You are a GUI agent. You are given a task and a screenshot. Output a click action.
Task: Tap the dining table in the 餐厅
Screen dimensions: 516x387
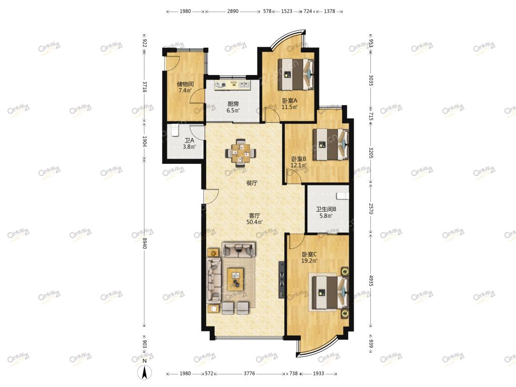pos(240,152)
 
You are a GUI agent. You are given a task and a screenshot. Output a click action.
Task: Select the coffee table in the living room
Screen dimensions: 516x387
pos(236,279)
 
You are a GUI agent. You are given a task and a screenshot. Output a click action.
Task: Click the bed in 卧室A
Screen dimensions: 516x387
pos(296,74)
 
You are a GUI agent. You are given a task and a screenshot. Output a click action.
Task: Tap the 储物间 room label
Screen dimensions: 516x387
pos(185,84)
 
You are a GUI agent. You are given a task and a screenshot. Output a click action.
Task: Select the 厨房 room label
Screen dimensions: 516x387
pos(233,104)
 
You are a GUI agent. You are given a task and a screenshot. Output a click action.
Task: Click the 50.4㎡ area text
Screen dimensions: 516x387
pos(254,222)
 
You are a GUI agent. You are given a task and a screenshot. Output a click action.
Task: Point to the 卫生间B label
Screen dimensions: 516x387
pos(326,209)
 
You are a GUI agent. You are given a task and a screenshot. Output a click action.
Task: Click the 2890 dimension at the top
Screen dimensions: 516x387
pos(233,11)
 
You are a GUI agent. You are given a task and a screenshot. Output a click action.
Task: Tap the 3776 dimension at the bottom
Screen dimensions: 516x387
pos(249,373)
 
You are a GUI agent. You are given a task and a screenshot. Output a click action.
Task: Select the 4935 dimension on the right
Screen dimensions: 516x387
pos(371,281)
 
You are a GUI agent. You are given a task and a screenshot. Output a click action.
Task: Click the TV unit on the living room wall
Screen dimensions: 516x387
pos(281,280)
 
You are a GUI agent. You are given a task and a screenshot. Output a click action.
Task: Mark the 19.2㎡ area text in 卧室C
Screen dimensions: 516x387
pos(309,261)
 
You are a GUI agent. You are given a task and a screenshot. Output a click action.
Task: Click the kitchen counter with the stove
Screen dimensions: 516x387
pos(232,85)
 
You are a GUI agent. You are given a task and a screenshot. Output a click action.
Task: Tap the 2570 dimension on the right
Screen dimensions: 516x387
pos(371,209)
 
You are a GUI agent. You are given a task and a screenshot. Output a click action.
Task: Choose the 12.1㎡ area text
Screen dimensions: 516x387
pos(298,165)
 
